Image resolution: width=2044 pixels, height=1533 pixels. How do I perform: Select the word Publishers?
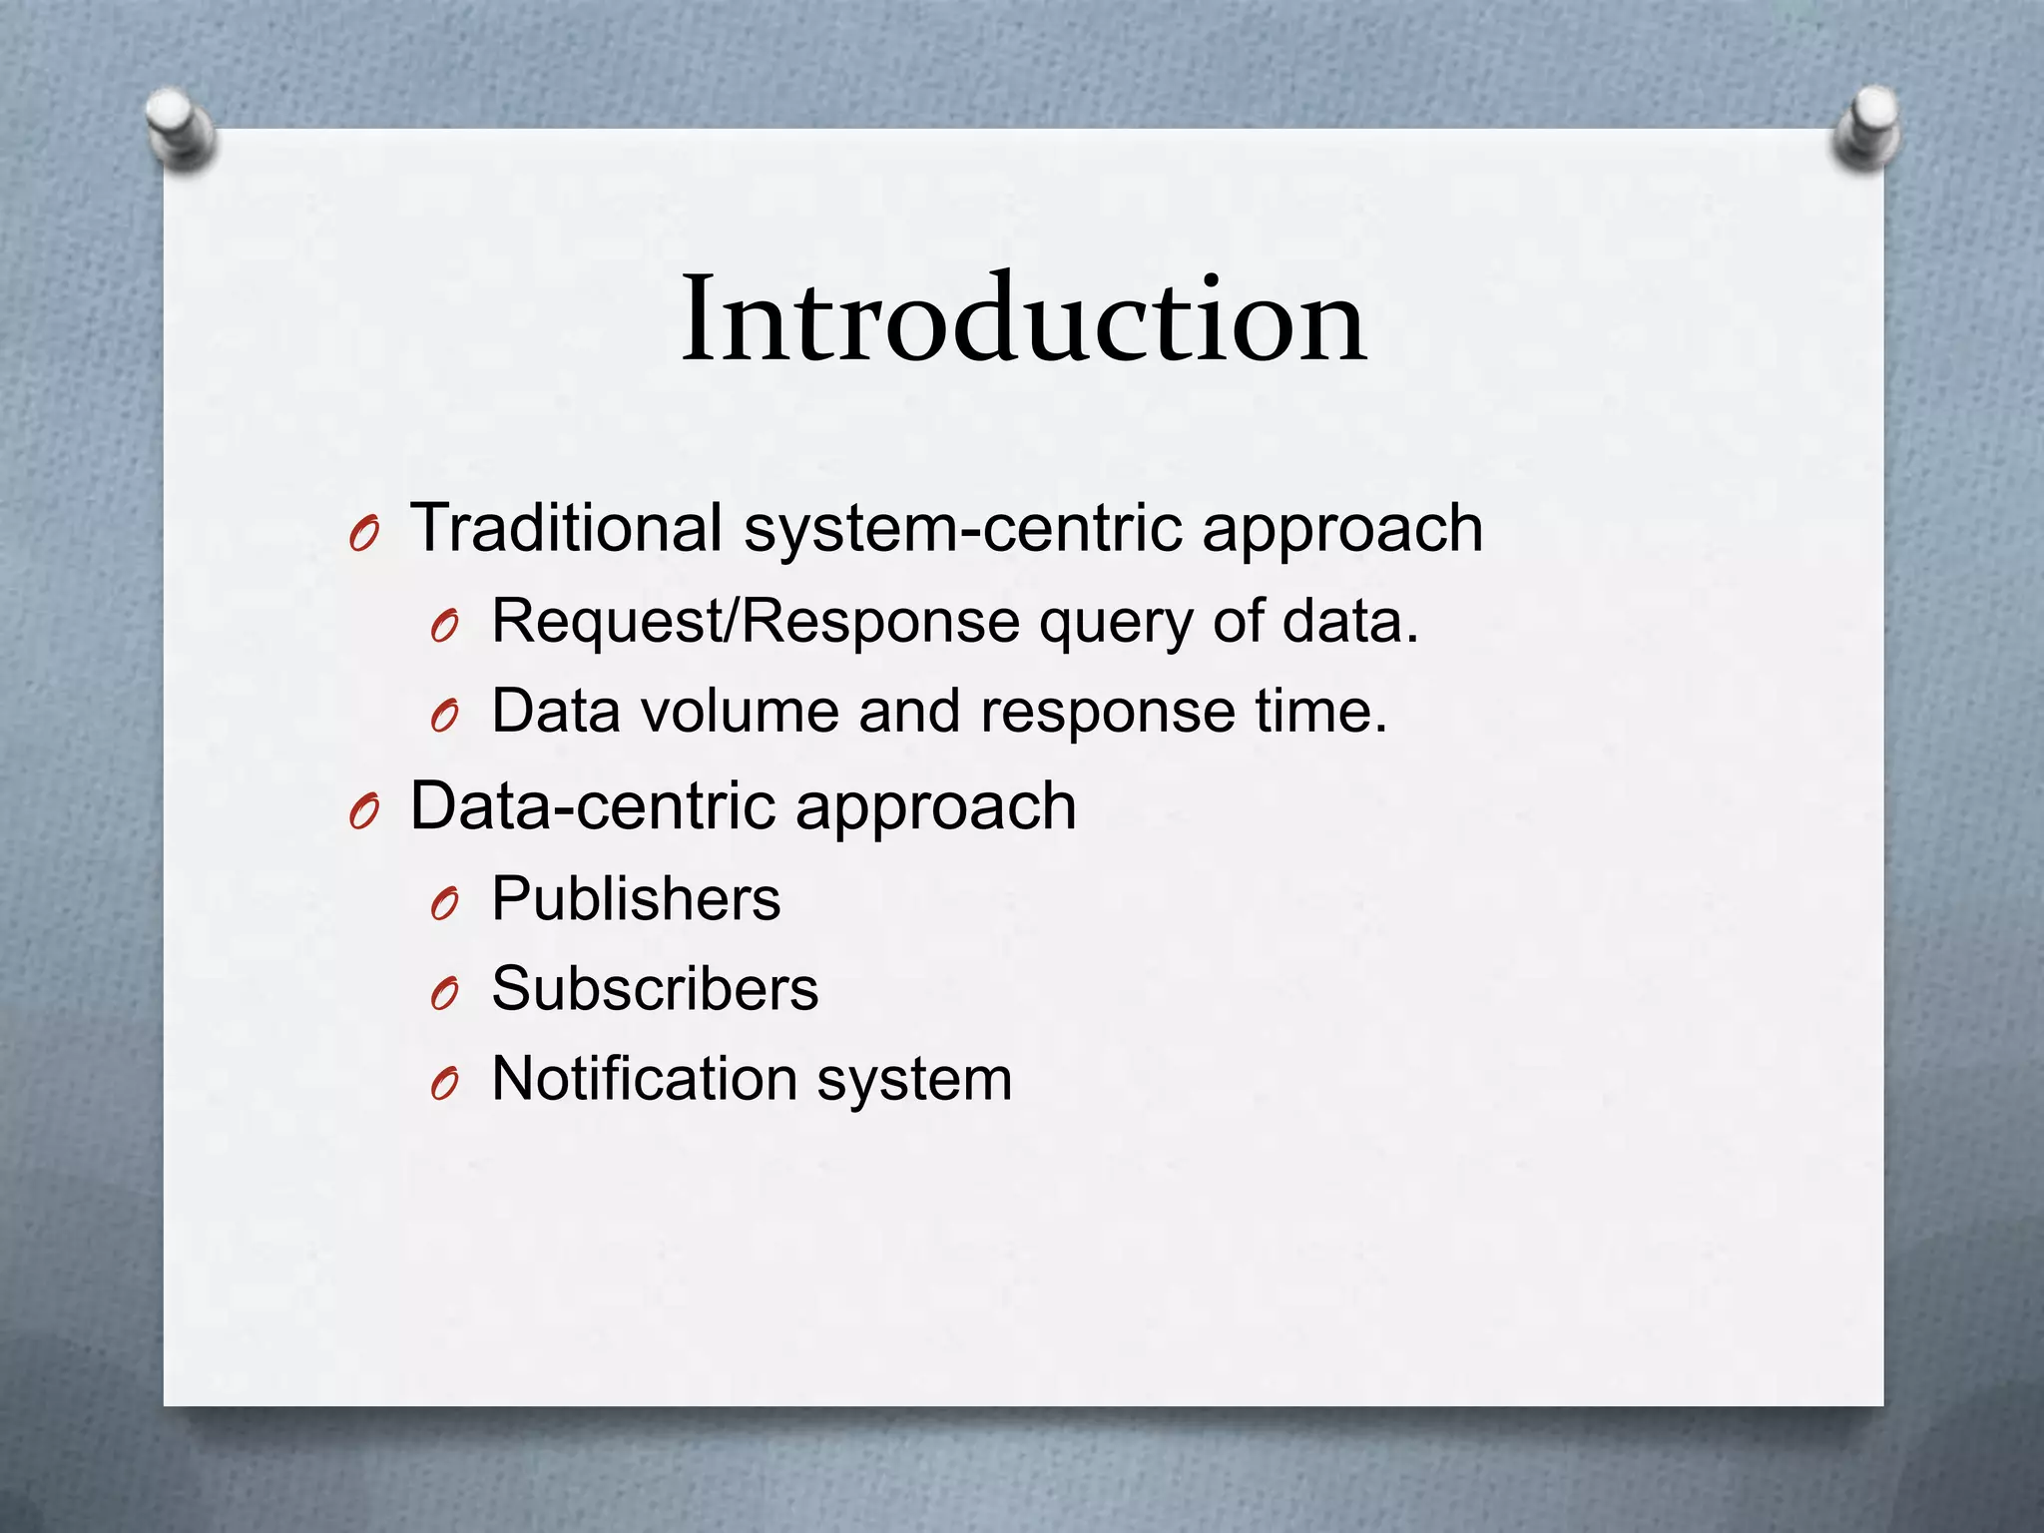pos(636,899)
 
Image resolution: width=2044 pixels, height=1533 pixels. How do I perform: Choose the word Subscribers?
pos(655,989)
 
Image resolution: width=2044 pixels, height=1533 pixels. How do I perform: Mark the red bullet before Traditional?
pos(364,538)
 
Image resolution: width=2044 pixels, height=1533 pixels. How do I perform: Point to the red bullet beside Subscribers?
pos(444,996)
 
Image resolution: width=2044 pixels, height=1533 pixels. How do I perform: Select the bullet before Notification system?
pos(444,1086)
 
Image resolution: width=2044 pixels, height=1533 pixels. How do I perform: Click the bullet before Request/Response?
pos(444,629)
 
